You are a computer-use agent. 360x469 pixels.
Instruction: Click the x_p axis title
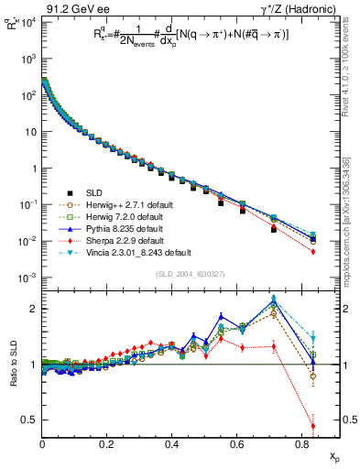tap(333, 455)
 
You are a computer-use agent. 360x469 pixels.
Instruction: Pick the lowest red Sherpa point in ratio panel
tap(313, 426)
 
